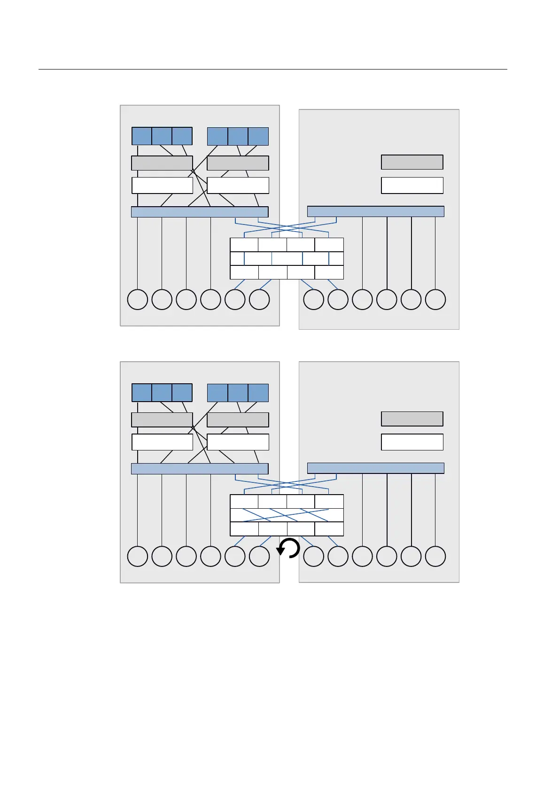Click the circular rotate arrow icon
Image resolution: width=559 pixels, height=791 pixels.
point(288,548)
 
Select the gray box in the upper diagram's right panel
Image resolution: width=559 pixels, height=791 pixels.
point(412,162)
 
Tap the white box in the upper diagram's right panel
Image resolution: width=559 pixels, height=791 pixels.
point(412,185)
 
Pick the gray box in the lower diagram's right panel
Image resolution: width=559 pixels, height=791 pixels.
point(412,419)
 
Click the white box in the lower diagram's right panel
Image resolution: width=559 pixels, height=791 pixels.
point(412,442)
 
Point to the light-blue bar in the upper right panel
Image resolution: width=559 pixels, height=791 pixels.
point(375,211)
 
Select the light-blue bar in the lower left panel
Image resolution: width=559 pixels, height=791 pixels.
point(200,468)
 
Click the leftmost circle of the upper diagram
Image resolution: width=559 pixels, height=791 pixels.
point(138,300)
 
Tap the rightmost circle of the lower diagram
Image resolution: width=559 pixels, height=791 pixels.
point(435,556)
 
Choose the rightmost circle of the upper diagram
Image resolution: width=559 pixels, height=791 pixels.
point(435,300)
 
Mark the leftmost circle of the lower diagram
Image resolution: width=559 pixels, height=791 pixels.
point(138,556)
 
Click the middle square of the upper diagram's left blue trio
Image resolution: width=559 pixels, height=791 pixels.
point(162,136)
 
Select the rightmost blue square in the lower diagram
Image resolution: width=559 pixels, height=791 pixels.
point(258,393)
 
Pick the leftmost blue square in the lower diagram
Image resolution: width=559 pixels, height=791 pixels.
point(142,393)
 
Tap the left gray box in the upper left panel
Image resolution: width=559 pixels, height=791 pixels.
point(162,163)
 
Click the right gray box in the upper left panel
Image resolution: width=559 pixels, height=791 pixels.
point(238,163)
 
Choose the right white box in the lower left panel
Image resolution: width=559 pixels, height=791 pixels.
point(238,442)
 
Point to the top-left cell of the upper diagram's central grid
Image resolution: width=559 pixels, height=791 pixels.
point(244,245)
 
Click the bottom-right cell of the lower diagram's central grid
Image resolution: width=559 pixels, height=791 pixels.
point(329,529)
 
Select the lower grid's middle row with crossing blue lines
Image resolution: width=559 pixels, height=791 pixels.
point(287,515)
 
